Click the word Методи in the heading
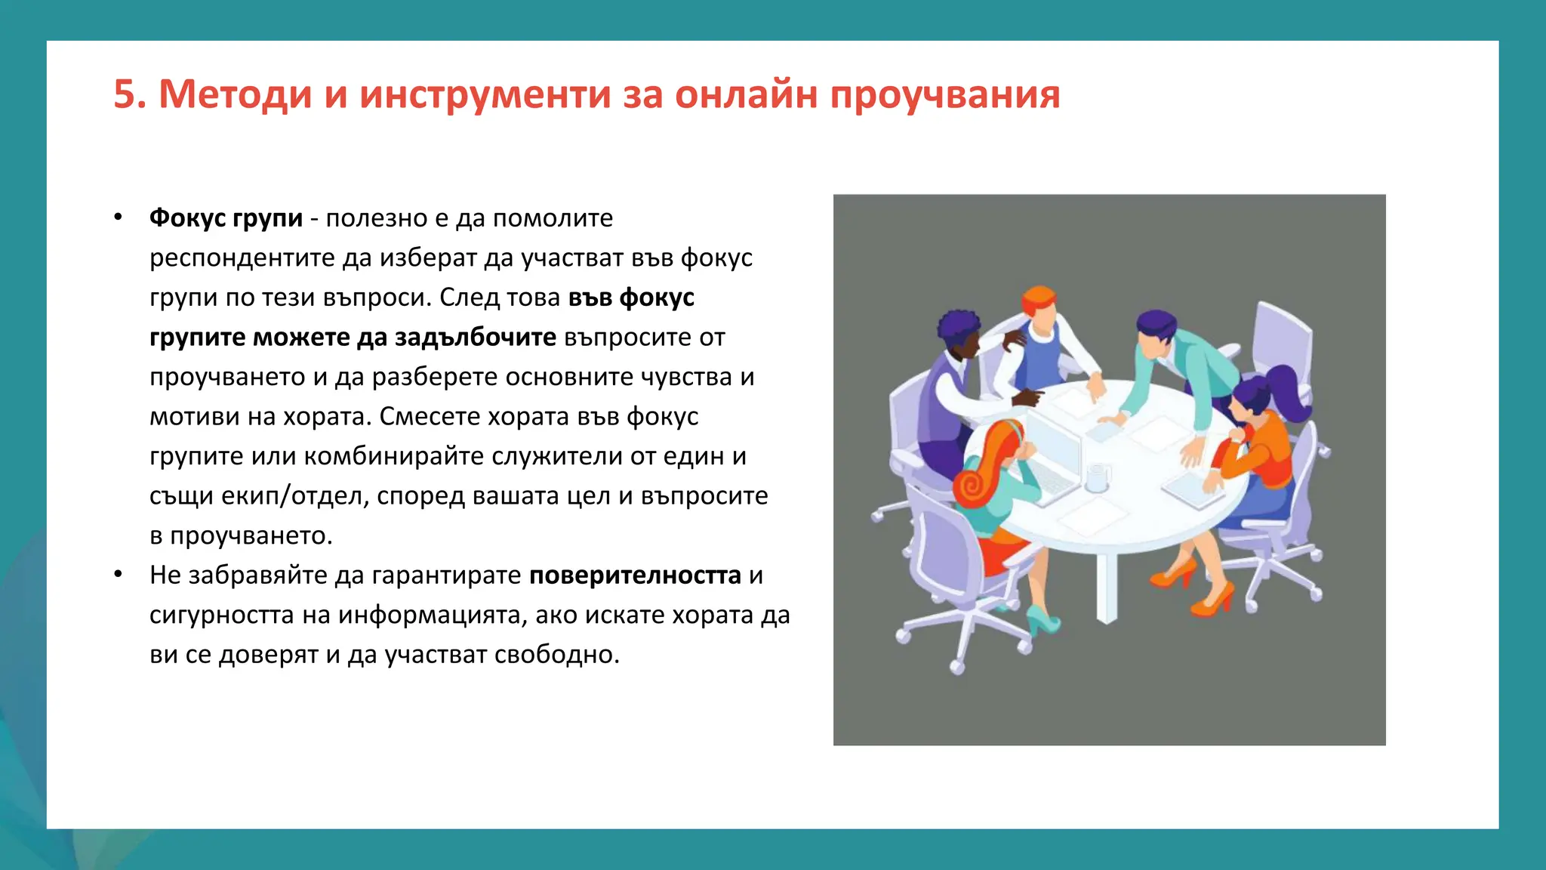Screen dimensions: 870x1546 [x=235, y=94]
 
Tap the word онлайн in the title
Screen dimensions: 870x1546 [x=746, y=94]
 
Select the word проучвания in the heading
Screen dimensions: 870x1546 [x=945, y=96]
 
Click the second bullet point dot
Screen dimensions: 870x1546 [x=118, y=575]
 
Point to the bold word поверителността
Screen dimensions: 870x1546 [x=635, y=575]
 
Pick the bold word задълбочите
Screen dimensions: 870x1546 [x=476, y=337]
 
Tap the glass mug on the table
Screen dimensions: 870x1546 [x=1097, y=478]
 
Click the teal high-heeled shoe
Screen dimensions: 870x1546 [x=1043, y=623]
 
